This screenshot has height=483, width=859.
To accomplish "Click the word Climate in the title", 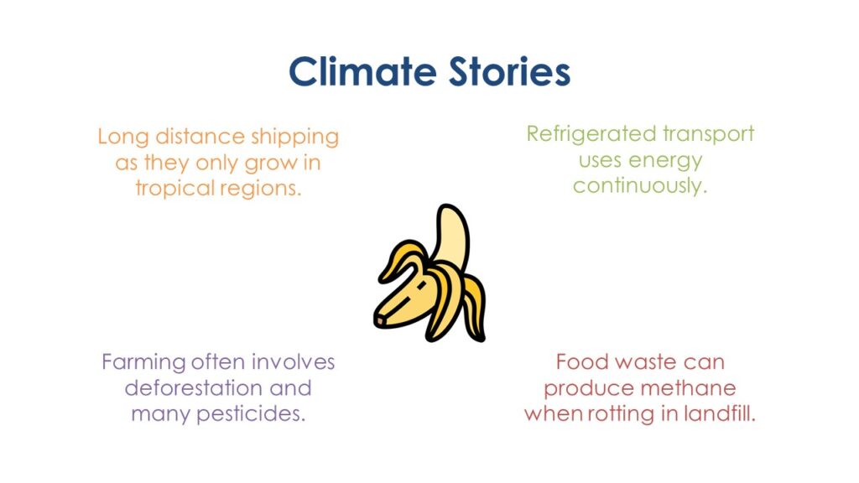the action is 362,72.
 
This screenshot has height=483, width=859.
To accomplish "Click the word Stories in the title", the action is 509,72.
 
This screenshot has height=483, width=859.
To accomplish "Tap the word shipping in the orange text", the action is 294,137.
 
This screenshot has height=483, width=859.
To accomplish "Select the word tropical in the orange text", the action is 175,189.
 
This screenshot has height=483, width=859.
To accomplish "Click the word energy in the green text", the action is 665,161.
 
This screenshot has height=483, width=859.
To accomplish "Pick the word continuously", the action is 640,185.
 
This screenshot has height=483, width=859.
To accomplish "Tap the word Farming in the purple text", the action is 144,362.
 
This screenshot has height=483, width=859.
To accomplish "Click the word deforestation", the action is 194,388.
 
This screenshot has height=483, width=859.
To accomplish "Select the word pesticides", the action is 251,413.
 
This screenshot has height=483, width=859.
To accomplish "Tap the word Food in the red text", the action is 582,362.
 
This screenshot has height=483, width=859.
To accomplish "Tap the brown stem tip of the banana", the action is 380,320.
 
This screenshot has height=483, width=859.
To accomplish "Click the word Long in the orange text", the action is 123,137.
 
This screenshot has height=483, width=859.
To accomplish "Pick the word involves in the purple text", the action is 293,362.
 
